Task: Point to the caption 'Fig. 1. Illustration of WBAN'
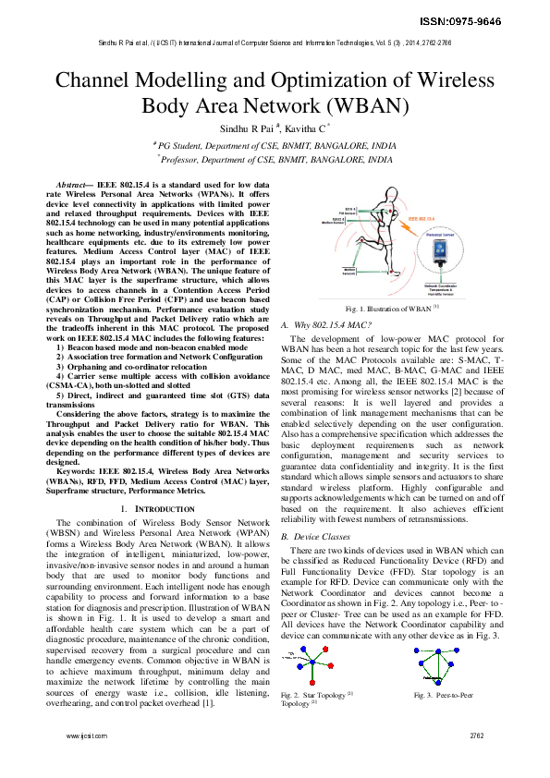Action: [389, 308]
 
